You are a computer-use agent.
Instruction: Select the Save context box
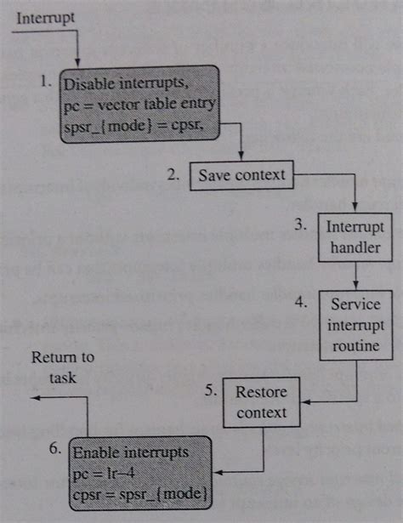(241, 177)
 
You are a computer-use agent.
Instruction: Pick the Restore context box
(261, 403)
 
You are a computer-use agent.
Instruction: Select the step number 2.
(173, 176)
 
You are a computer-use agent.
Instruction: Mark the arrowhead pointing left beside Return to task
(31, 399)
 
